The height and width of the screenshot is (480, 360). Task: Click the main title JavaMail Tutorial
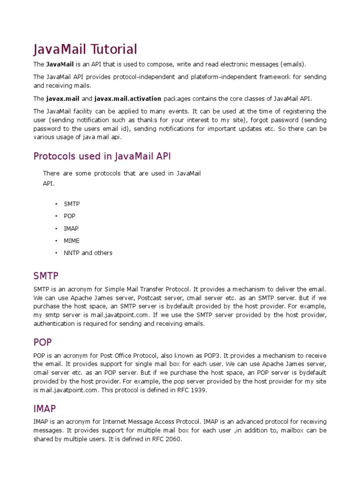pyautogui.click(x=85, y=49)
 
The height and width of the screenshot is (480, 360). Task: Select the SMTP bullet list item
pyautogui.click(x=72, y=204)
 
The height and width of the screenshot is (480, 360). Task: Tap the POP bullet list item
pyautogui.click(x=69, y=216)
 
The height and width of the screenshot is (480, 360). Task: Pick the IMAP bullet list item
pyautogui.click(x=71, y=228)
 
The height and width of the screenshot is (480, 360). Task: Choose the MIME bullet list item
pyautogui.click(x=72, y=240)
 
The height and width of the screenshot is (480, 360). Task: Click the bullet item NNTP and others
pyautogui.click(x=88, y=253)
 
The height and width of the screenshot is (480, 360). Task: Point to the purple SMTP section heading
pyautogui.click(x=46, y=275)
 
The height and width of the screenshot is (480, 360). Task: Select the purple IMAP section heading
pyautogui.click(x=45, y=409)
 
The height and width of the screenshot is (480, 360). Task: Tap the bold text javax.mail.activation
pyautogui.click(x=127, y=98)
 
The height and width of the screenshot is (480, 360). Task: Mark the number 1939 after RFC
pyautogui.click(x=199, y=390)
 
